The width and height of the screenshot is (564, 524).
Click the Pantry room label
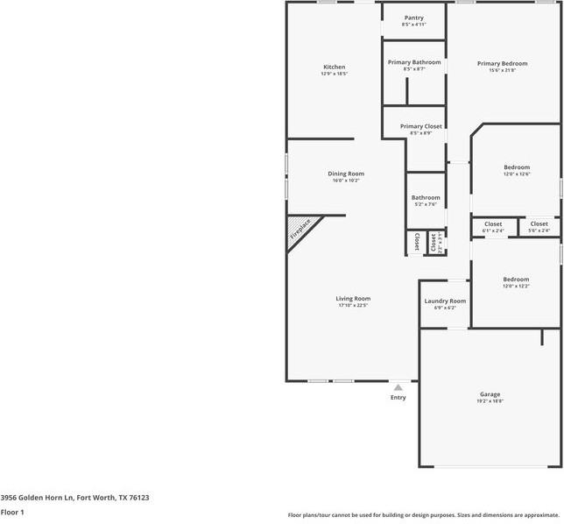click(413, 18)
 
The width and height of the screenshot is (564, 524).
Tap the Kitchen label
click(334, 67)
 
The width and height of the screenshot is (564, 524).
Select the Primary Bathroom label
click(413, 62)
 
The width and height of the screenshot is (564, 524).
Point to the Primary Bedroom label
click(502, 63)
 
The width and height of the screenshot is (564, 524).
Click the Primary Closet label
click(420, 126)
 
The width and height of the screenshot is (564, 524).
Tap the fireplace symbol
click(300, 233)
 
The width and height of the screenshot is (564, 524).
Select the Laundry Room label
click(445, 301)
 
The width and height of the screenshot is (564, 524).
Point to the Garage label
click(490, 394)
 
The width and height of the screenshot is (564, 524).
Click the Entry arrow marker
click(398, 386)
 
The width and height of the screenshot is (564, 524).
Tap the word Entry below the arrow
click(398, 398)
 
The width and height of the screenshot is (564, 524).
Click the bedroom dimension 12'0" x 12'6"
click(516, 173)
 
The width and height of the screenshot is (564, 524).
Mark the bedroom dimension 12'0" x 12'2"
click(515, 287)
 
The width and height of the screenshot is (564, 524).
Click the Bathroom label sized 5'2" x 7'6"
click(426, 197)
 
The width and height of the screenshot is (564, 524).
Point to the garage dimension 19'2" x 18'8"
click(490, 401)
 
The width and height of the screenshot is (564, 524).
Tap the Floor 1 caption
click(12, 512)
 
